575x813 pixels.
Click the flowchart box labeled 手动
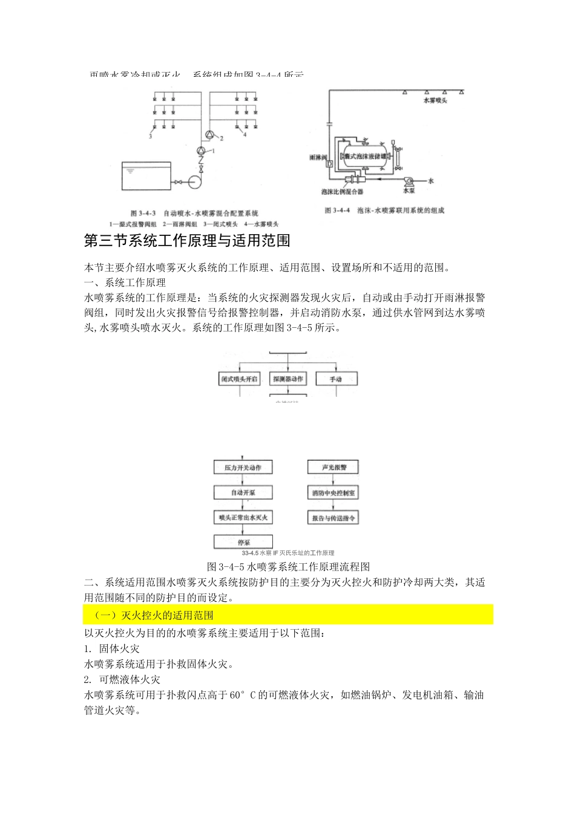pos(336,379)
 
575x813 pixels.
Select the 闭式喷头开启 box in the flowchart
pos(239,379)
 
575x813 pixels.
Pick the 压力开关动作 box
pos(243,467)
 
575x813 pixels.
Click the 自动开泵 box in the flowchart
pos(243,492)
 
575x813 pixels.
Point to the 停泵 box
pos(243,542)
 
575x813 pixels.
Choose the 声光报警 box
pos(333,467)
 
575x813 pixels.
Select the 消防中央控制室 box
pos(333,492)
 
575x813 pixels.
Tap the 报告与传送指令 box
pos(333,518)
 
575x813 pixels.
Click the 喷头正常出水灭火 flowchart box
pos(243,517)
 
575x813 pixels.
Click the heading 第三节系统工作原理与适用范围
pos(187,241)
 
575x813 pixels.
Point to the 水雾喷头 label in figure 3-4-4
pos(435,100)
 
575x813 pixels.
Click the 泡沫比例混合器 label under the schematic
pos(343,192)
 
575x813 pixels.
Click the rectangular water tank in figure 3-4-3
pos(146,176)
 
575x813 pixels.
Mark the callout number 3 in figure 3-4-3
pos(150,137)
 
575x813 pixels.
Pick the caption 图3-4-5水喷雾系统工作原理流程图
pos(288,567)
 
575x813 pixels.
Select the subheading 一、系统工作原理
pos(125,282)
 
